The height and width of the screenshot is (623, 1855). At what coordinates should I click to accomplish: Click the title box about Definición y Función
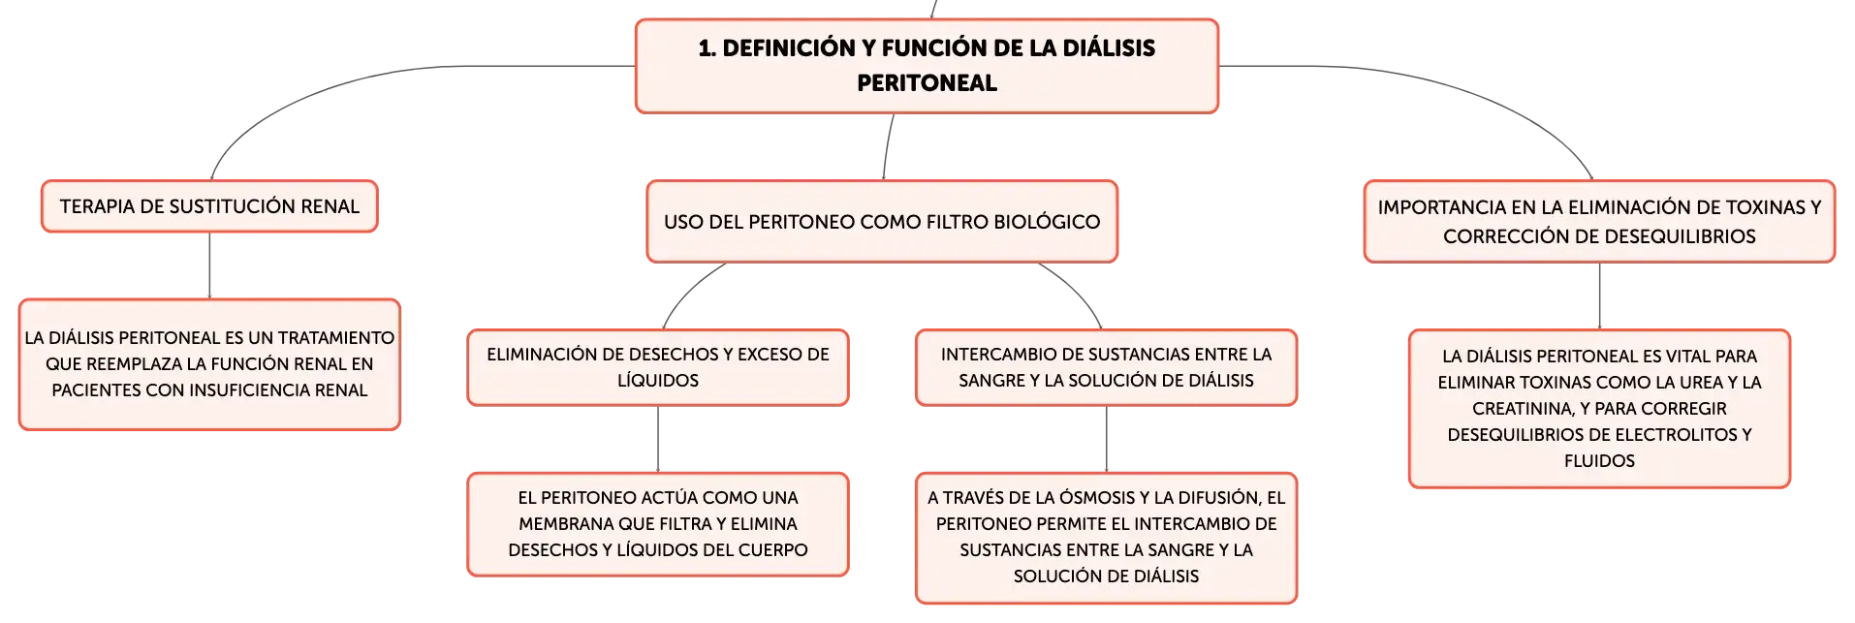927,66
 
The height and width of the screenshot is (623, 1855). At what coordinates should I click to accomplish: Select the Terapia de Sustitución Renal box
209,206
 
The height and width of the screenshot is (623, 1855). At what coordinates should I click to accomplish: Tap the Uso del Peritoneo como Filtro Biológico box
882,222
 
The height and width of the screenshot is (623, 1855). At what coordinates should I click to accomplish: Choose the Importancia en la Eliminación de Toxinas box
1599,222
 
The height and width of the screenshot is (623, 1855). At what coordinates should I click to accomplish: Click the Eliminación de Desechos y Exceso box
658,367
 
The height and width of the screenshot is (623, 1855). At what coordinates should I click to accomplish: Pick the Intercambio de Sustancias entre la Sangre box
1106,367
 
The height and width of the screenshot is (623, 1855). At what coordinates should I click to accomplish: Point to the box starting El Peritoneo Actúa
658,524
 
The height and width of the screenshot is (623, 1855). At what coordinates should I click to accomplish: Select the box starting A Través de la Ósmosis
1106,538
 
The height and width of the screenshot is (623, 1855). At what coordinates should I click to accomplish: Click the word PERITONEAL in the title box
927,83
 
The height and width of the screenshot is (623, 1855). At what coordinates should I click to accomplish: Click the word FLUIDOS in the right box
1599,461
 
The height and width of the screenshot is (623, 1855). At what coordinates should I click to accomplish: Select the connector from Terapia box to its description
209,265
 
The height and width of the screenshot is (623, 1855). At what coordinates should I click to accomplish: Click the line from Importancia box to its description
1599,296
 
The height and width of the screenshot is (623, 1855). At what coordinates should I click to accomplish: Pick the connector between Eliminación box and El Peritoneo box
658,439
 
